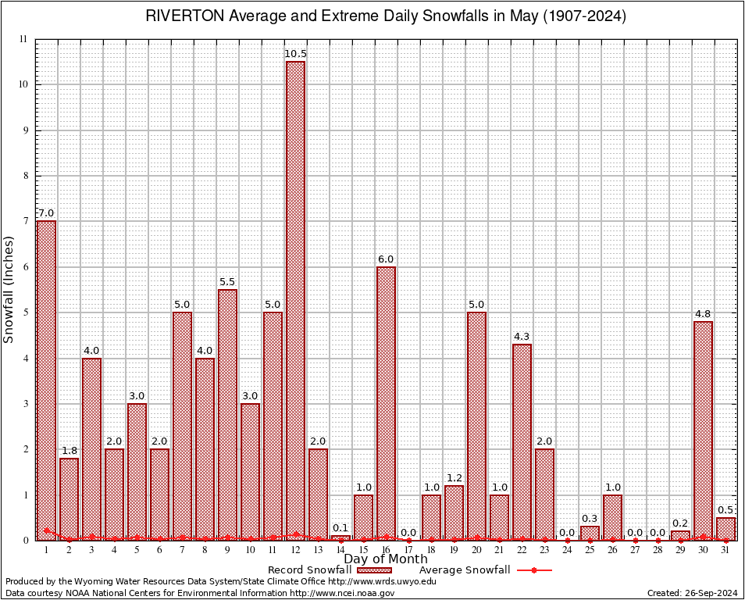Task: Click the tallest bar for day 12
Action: click(295, 301)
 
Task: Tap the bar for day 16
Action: click(386, 403)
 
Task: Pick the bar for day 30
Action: click(703, 430)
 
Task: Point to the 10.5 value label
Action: click(295, 53)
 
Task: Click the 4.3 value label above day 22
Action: click(522, 337)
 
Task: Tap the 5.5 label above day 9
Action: click(227, 282)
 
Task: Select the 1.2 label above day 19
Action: click(454, 478)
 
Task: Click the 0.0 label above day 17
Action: click(408, 533)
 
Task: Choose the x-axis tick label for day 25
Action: click(590, 550)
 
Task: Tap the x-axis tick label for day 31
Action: click(725, 550)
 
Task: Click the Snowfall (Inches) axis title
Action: click(9, 289)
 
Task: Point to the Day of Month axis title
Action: click(386, 559)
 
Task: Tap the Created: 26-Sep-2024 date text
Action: click(693, 593)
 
